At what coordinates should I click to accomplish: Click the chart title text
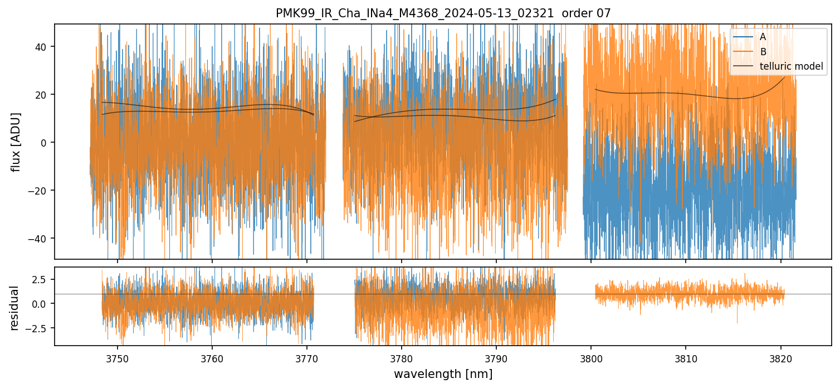(x=443, y=13)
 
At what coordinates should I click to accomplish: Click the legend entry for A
(x=763, y=37)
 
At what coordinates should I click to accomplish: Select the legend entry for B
(x=763, y=52)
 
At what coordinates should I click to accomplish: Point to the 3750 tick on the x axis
(x=118, y=357)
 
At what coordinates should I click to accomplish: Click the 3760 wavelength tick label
(x=212, y=357)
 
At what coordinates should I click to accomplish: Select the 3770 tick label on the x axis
(x=307, y=357)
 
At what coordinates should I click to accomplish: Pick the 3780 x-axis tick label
(x=402, y=357)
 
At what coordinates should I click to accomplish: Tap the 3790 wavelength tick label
(x=496, y=357)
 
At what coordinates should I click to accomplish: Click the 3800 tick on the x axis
(x=591, y=357)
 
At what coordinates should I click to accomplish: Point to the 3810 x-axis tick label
(x=686, y=357)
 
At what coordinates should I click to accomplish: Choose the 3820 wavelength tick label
(x=780, y=357)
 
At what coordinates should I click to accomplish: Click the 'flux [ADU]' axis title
(x=16, y=142)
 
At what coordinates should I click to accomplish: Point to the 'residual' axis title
(x=15, y=308)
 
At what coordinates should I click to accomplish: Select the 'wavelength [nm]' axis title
(x=443, y=374)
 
